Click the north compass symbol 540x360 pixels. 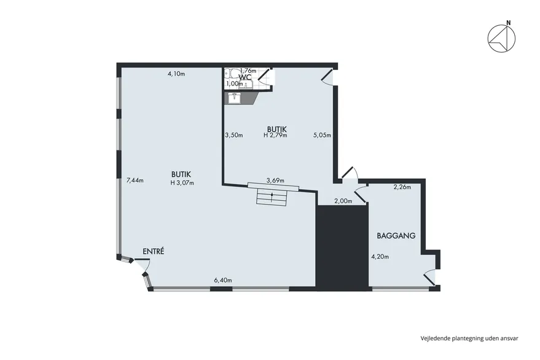[501, 38]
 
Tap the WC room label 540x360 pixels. [245, 76]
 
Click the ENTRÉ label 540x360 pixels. [153, 251]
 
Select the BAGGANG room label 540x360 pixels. [396, 236]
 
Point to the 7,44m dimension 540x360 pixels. [135, 180]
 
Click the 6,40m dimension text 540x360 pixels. [223, 280]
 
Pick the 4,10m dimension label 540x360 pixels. [176, 73]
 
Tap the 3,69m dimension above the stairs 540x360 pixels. [275, 180]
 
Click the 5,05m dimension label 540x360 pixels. [322, 135]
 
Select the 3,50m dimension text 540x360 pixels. [234, 135]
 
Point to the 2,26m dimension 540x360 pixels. [402, 187]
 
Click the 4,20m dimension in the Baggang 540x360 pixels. [380, 257]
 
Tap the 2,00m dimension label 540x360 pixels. [343, 202]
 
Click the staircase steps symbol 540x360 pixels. [272, 198]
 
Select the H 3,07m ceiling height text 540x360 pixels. [182, 183]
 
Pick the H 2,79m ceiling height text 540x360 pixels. [275, 135]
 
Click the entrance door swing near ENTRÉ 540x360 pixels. [143, 265]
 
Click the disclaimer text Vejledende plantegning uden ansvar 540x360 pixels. [469, 338]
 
